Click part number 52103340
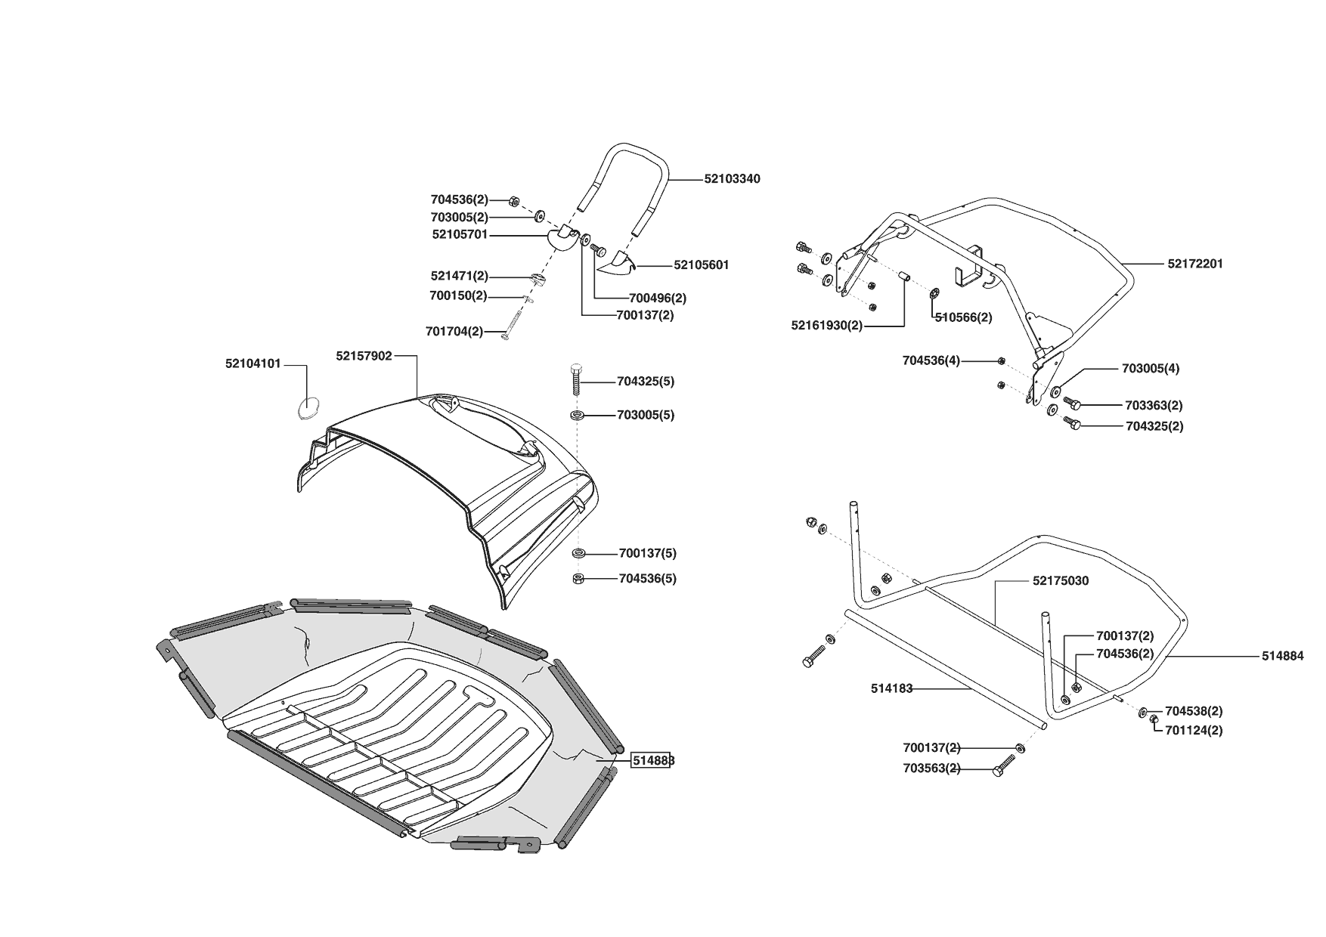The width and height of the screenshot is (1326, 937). pyautogui.click(x=732, y=179)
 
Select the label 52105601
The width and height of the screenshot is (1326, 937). pyautogui.click(x=701, y=265)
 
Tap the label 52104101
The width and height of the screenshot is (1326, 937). pyautogui.click(x=253, y=363)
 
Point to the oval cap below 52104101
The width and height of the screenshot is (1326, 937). pyautogui.click(x=307, y=407)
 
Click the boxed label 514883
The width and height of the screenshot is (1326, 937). pyautogui.click(x=653, y=761)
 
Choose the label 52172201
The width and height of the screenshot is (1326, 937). pyautogui.click(x=1195, y=264)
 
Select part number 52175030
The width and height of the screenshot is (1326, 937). pyautogui.click(x=1061, y=581)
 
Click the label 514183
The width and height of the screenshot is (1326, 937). pyautogui.click(x=892, y=688)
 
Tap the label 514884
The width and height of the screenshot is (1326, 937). pyautogui.click(x=1282, y=657)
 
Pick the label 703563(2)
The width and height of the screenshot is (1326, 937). pyautogui.click(x=931, y=768)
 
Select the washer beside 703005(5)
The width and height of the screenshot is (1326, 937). pyautogui.click(x=578, y=416)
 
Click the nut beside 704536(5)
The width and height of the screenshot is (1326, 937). pyautogui.click(x=578, y=579)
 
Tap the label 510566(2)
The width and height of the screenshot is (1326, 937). pyautogui.click(x=963, y=317)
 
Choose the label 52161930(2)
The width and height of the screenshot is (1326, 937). pyautogui.click(x=826, y=326)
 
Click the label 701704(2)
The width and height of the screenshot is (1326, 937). pyautogui.click(x=454, y=331)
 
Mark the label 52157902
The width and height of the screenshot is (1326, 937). pyautogui.click(x=364, y=355)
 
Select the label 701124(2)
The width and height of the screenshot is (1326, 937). pyautogui.click(x=1194, y=731)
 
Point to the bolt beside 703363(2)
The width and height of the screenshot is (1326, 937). pyautogui.click(x=1071, y=402)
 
